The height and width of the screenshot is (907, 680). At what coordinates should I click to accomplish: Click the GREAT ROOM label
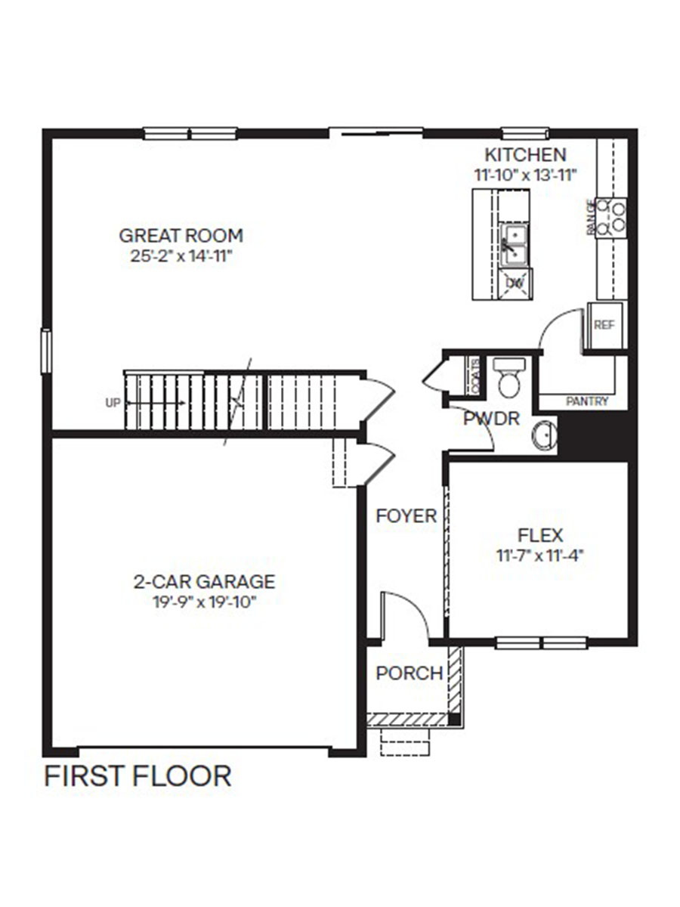181,235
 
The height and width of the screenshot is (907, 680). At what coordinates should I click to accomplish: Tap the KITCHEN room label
524,155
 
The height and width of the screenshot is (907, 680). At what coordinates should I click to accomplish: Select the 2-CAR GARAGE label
204,582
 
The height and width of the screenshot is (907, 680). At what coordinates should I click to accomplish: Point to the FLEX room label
540,535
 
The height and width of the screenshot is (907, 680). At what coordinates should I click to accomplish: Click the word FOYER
406,516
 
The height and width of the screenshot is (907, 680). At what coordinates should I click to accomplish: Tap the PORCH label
409,673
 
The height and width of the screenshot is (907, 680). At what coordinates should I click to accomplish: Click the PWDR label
491,418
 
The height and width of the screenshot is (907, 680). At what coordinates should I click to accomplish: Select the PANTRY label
587,402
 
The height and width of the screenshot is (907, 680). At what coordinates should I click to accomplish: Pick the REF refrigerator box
604,325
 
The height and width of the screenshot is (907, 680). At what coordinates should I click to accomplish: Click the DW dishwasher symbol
515,283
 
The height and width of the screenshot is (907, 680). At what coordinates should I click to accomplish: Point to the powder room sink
545,437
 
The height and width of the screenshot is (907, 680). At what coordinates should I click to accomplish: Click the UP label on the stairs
113,403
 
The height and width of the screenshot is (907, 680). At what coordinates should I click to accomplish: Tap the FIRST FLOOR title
138,776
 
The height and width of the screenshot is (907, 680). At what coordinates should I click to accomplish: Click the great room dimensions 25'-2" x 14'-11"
181,255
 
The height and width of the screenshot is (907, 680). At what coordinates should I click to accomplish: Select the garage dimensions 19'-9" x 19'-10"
204,602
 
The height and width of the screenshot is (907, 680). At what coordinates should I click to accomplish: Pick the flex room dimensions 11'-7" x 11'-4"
540,555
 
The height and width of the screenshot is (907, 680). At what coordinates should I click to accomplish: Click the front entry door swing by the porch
404,616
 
